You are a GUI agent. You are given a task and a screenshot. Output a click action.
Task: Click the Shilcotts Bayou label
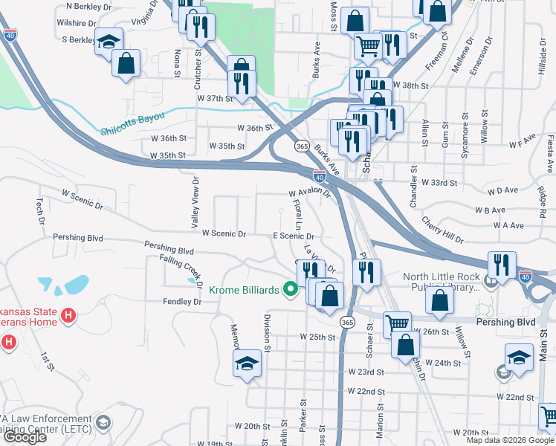(x=132, y=132)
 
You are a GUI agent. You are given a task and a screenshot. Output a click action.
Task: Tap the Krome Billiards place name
(x=244, y=290)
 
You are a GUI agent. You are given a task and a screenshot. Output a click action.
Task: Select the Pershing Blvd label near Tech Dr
(x=78, y=238)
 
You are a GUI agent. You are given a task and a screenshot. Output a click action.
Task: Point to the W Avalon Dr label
(x=308, y=192)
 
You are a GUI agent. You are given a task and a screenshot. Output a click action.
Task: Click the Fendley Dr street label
(x=182, y=302)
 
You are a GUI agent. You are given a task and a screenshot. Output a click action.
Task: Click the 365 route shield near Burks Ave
(x=302, y=146)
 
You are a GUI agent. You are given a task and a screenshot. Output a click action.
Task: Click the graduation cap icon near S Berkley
(x=109, y=42)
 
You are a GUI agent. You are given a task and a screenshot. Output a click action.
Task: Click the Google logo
(x=25, y=437)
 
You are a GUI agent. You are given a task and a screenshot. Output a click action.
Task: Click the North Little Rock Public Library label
(x=442, y=282)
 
